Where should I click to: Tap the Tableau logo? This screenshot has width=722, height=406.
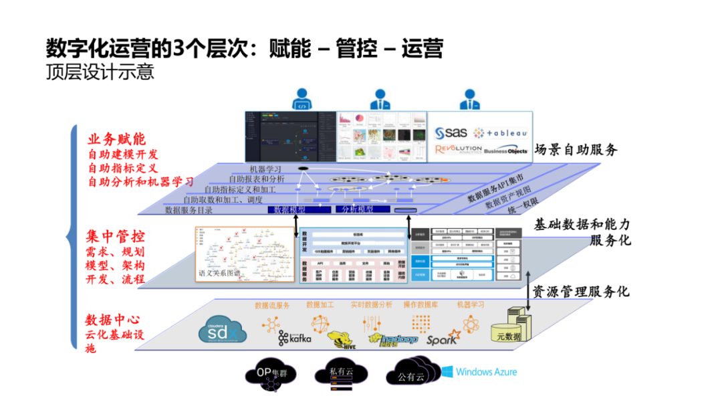pos(501,132)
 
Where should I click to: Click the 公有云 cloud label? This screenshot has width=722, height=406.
pos(411,377)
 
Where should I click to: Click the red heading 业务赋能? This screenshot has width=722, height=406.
pos(116,139)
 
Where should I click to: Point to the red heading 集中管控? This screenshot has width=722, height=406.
pos(115,237)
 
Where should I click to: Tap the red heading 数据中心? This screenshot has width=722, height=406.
pos(112,320)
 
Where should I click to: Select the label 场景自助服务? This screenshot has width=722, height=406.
pos(576,149)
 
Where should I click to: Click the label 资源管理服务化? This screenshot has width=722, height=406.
pos(580,292)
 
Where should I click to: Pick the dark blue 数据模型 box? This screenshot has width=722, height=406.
pos(289,209)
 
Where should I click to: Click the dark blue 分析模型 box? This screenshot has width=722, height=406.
pos(357,209)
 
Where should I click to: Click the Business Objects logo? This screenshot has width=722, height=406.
pos(505,151)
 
